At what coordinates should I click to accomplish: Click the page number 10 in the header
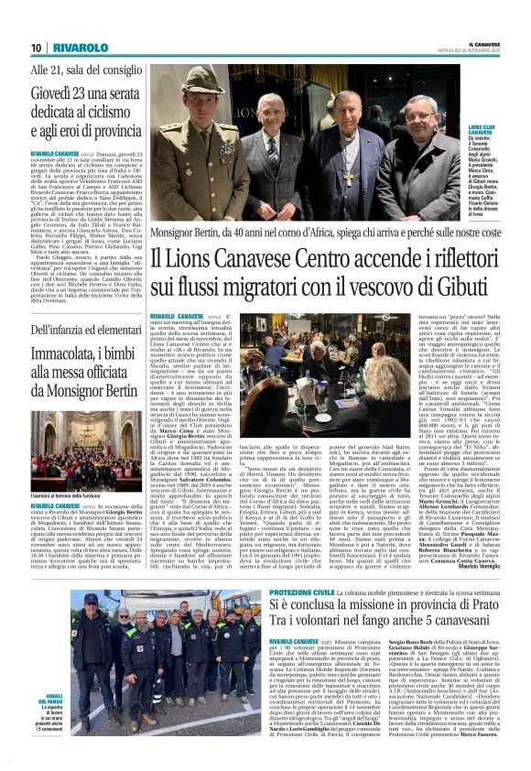coord(36,48)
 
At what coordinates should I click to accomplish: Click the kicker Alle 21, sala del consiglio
coord(74,69)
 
